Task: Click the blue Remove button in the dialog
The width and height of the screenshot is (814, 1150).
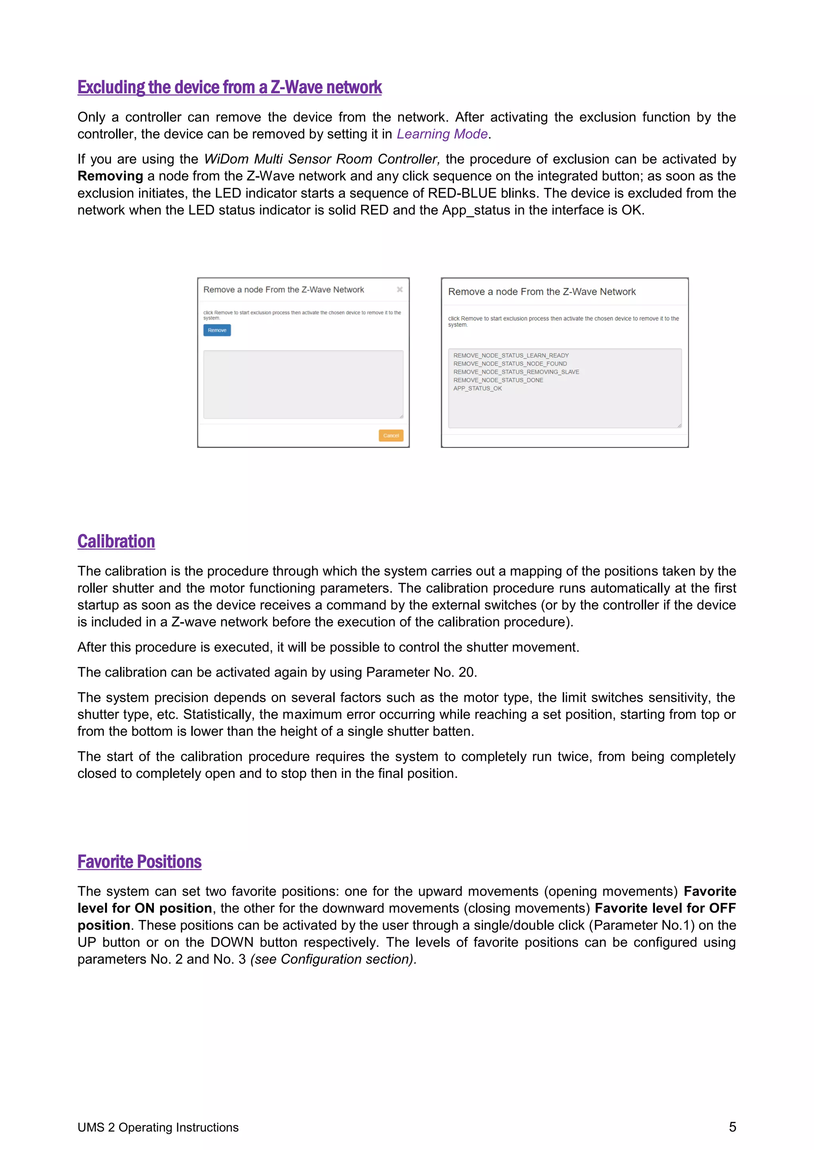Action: click(x=217, y=330)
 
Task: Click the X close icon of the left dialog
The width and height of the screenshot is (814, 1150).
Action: click(x=399, y=289)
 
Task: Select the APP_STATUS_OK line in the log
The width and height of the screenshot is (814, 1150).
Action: click(x=477, y=388)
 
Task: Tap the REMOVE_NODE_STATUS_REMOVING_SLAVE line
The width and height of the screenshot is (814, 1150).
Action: click(x=516, y=372)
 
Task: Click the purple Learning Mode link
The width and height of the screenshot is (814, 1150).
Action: click(x=442, y=134)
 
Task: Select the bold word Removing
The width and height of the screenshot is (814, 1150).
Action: click(x=110, y=176)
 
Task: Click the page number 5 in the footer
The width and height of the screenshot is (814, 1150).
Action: click(x=732, y=1127)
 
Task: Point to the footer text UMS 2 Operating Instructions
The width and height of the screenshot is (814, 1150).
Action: click(x=158, y=1127)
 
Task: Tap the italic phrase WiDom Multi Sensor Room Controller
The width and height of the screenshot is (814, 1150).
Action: click(x=321, y=159)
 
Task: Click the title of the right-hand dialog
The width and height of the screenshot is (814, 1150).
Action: click(x=541, y=292)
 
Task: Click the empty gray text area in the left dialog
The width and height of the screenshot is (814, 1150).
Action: click(x=303, y=384)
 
